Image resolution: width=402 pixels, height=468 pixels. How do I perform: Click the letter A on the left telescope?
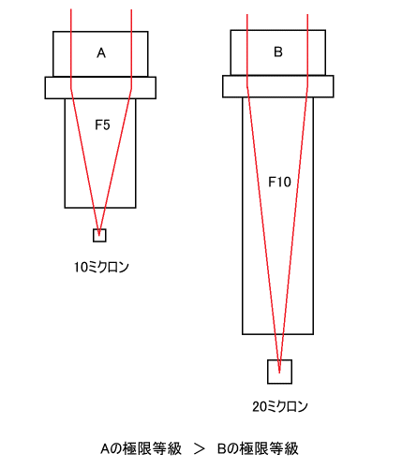101,53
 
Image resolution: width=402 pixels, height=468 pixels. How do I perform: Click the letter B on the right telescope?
278,51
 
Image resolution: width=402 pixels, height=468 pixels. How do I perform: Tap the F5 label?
102,125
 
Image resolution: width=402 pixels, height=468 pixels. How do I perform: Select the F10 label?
279,182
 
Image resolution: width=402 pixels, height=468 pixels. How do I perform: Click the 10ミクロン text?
101,268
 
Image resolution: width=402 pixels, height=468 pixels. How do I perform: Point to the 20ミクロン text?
280,406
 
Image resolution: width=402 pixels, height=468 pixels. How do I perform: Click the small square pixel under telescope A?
99,235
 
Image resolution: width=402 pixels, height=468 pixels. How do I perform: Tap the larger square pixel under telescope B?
279,372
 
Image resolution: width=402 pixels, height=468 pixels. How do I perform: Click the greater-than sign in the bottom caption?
200,449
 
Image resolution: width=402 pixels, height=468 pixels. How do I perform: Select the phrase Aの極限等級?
141,448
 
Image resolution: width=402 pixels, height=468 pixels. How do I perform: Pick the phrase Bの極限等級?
258,448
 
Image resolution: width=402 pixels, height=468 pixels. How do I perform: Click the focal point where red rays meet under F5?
99,235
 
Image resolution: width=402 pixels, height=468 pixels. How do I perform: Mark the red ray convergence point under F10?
279,372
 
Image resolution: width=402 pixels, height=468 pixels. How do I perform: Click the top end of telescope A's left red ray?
71,9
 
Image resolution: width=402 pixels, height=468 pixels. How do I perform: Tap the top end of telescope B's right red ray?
307,14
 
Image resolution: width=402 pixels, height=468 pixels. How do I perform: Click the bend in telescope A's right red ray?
131,89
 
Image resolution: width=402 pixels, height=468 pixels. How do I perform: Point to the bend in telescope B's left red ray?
247,86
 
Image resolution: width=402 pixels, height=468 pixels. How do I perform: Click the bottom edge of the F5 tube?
100,208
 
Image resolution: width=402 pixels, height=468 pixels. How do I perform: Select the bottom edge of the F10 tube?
278,334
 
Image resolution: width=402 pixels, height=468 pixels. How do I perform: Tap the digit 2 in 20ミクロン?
256,407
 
